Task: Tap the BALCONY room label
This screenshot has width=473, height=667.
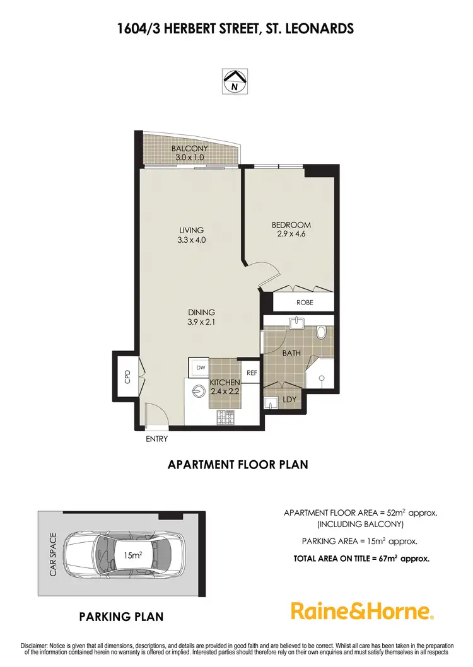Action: pyautogui.click(x=189, y=149)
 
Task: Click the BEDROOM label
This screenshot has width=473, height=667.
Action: pyautogui.click(x=291, y=225)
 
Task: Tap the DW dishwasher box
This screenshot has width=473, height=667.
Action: pyautogui.click(x=201, y=367)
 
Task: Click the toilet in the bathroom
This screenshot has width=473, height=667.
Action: pyautogui.click(x=320, y=332)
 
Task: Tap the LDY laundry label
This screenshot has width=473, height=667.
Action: pyautogui.click(x=289, y=399)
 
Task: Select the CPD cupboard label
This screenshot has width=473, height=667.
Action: pyautogui.click(x=127, y=377)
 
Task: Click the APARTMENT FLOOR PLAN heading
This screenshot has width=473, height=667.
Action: pyautogui.click(x=237, y=465)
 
